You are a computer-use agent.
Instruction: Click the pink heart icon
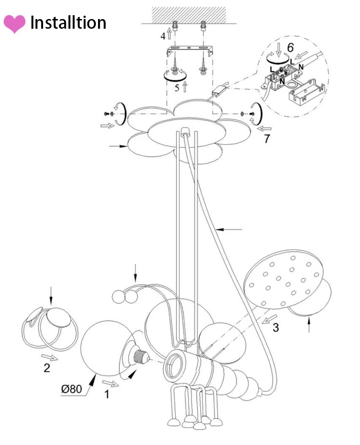[14, 24]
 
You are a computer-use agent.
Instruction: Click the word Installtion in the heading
[68, 23]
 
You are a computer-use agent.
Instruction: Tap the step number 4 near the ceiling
[163, 36]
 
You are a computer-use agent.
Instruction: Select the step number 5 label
[177, 88]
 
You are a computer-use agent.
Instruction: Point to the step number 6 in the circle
[290, 47]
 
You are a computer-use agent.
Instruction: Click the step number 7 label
[267, 139]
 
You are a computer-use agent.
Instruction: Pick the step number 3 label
[276, 327]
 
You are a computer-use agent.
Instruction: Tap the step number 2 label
[47, 368]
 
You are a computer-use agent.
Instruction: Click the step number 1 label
[106, 394]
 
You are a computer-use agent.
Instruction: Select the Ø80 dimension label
[71, 389]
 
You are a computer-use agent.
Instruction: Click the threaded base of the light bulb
[142, 357]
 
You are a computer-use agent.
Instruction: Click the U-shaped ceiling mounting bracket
[189, 50]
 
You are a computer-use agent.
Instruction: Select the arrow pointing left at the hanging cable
[229, 229]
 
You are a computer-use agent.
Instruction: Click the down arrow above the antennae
[135, 273]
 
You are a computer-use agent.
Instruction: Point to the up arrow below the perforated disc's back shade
[309, 325]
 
